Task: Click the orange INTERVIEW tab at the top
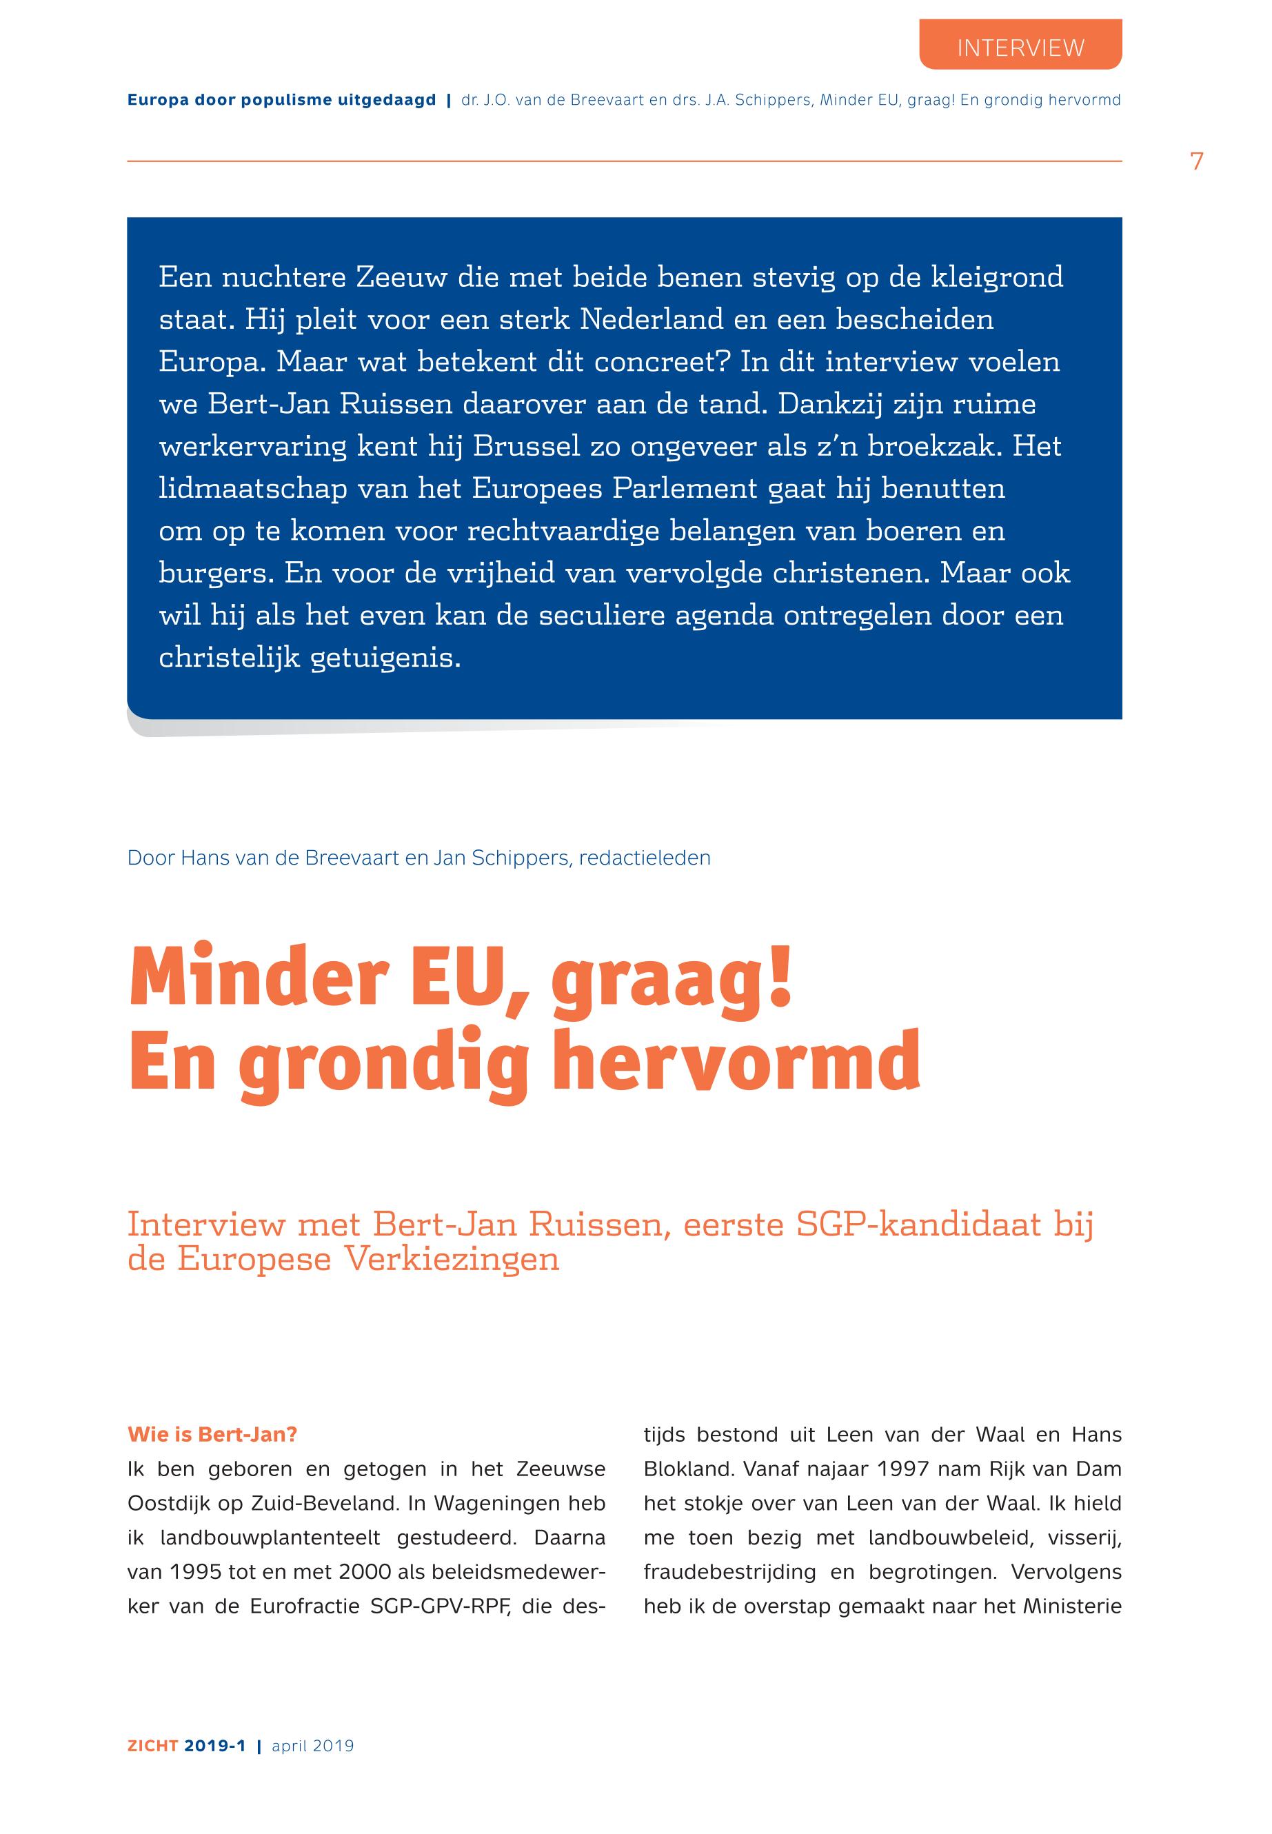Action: pos(1020,47)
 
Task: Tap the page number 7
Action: pos(1195,162)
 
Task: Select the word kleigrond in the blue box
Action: pos(996,277)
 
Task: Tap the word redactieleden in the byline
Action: pos(645,858)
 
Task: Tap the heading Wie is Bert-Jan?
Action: pos(212,1435)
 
